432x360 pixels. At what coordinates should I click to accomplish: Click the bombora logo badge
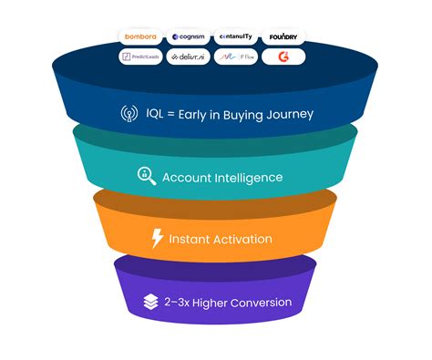click(142, 37)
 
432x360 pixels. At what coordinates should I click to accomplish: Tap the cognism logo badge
click(189, 37)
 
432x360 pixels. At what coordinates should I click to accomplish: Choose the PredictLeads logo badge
click(142, 57)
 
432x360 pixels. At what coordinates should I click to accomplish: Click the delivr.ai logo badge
click(189, 57)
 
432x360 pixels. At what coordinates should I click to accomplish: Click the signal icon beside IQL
click(129, 114)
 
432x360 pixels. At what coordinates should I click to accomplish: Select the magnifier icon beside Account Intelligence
click(147, 176)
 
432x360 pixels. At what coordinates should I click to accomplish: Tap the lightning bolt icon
click(157, 240)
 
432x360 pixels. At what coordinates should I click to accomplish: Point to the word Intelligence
click(247, 176)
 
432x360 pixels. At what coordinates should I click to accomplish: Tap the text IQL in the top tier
click(155, 114)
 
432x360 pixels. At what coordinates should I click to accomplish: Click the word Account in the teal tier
click(185, 176)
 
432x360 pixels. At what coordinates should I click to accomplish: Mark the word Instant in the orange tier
click(188, 240)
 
